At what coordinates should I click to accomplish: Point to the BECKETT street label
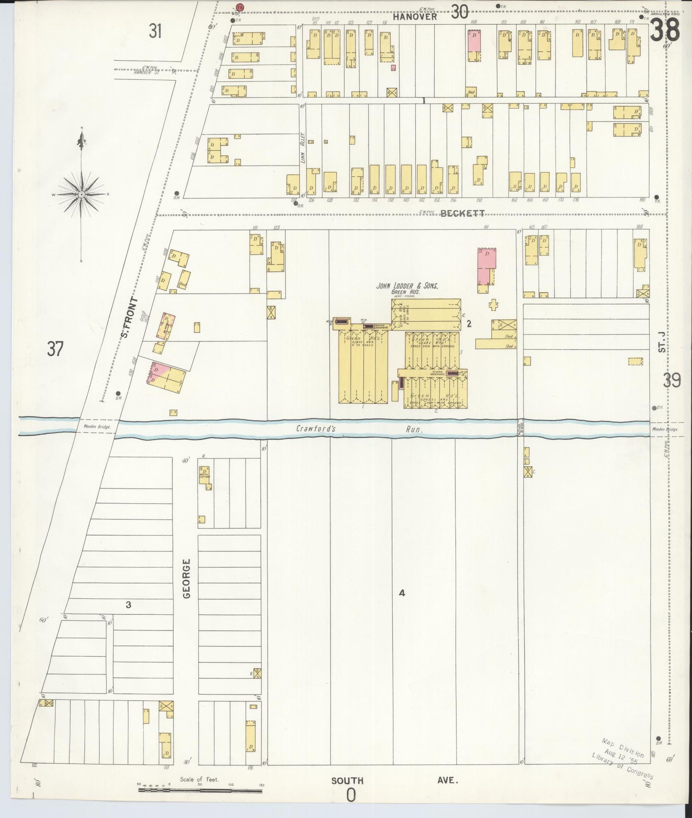tap(462, 213)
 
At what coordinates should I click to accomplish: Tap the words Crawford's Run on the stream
tap(359, 429)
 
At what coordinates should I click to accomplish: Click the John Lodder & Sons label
tap(407, 286)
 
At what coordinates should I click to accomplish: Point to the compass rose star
tap(82, 194)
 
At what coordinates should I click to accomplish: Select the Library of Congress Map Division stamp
tap(623, 764)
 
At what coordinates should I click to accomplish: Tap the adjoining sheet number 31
tap(155, 32)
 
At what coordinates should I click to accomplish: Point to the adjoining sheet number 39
tap(672, 381)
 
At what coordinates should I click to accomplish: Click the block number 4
tap(402, 593)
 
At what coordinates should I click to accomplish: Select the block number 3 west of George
tap(128, 605)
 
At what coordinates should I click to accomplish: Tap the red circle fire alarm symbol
tap(239, 7)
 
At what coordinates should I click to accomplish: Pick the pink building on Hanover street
tap(474, 42)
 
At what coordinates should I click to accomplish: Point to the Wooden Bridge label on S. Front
tap(97, 427)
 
